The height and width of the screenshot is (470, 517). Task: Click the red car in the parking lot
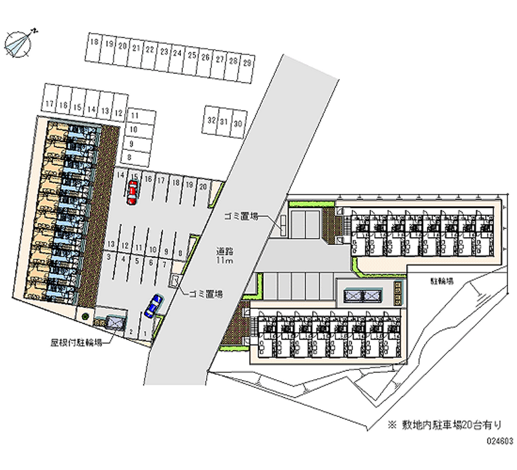click(132, 192)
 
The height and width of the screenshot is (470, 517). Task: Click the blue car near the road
click(153, 306)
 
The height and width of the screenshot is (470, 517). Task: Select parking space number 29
click(248, 65)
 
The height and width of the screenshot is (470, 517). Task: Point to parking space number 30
click(238, 123)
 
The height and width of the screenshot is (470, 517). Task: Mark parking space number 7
click(164, 263)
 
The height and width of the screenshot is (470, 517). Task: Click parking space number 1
click(144, 334)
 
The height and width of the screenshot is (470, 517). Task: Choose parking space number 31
click(224, 122)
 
